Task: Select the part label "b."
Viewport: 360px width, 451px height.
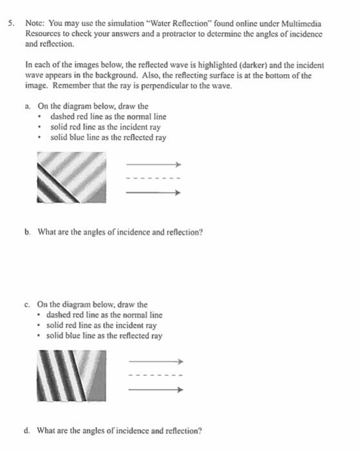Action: click(x=28, y=230)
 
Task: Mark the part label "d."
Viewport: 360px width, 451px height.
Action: click(x=28, y=430)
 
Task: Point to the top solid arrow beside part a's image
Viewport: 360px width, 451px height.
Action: click(x=155, y=164)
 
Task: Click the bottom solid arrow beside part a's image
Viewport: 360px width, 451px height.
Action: click(x=155, y=192)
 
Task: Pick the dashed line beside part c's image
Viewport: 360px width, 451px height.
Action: click(x=156, y=376)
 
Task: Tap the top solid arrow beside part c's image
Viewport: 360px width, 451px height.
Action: click(x=156, y=361)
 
